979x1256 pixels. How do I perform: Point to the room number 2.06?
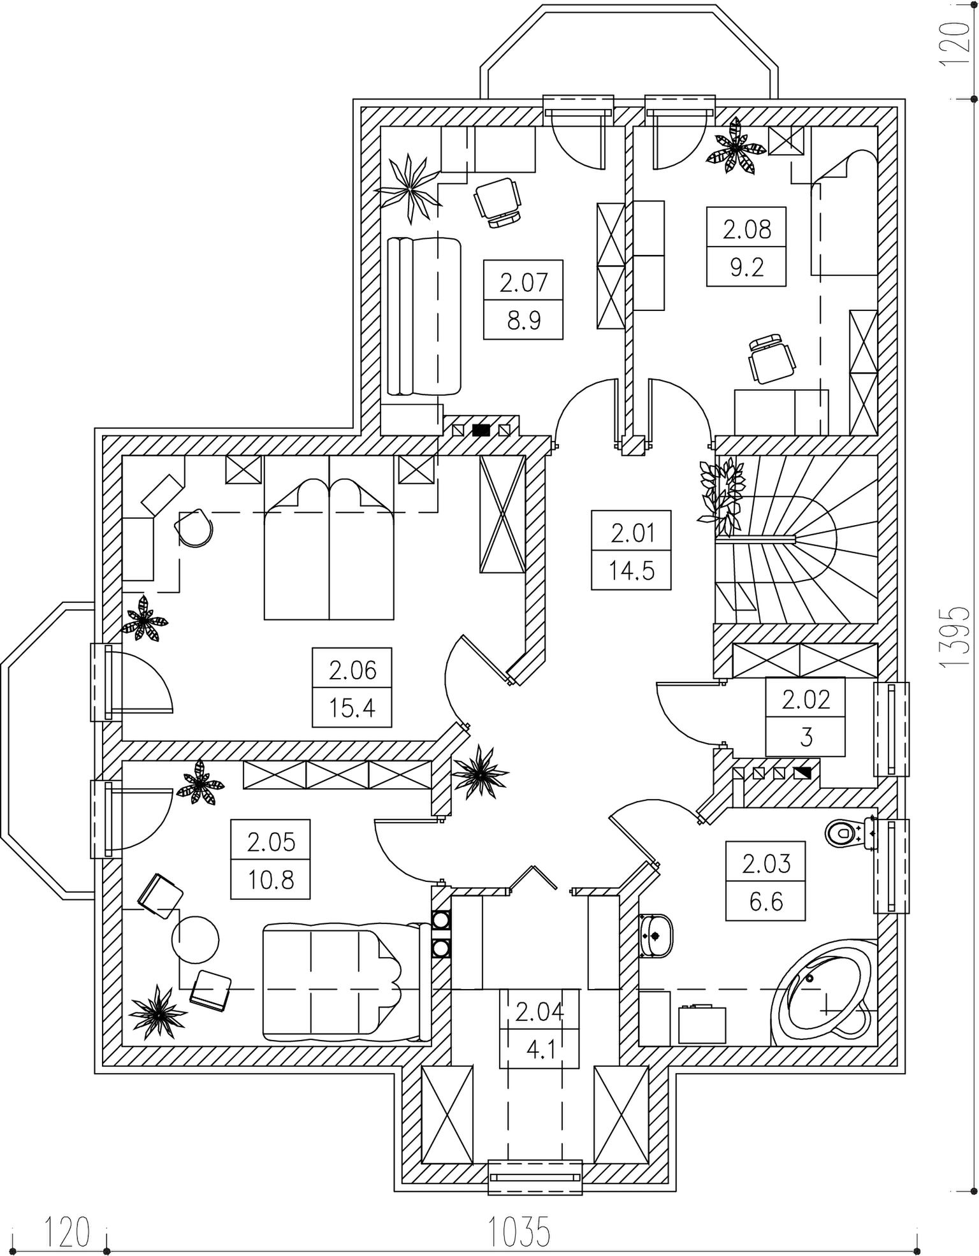tap(352, 670)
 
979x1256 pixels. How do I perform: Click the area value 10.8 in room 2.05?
tap(271, 881)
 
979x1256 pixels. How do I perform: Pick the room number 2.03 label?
tap(766, 863)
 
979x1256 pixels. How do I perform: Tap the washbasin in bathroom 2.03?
tap(655, 935)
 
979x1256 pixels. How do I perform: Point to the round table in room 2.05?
tap(196, 940)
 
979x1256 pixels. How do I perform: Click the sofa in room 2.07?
tap(424, 317)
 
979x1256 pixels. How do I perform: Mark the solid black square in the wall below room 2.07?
tap(481, 429)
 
